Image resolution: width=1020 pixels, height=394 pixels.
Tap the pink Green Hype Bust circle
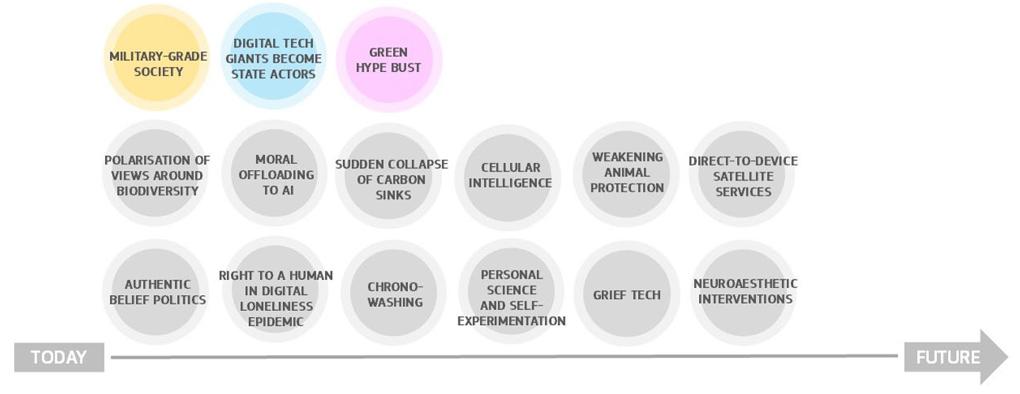point(388,59)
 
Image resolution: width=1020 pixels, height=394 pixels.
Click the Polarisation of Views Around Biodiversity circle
point(157,174)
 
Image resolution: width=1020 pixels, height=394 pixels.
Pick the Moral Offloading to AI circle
point(274,174)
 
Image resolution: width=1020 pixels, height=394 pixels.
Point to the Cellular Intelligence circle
point(509,175)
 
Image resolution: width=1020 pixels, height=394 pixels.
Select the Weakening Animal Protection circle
point(626,173)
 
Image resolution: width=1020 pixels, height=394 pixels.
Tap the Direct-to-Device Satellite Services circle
point(742,176)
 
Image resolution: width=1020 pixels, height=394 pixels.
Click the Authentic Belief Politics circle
point(157,292)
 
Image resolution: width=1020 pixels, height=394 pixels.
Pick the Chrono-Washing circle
point(394,294)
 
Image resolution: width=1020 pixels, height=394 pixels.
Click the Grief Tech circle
point(626,294)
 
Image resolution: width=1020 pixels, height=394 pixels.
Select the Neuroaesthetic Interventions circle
point(744,291)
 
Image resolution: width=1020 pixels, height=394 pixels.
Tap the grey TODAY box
point(59,358)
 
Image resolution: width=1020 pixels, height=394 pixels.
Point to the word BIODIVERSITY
point(157,191)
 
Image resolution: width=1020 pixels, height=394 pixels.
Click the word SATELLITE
point(742,176)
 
